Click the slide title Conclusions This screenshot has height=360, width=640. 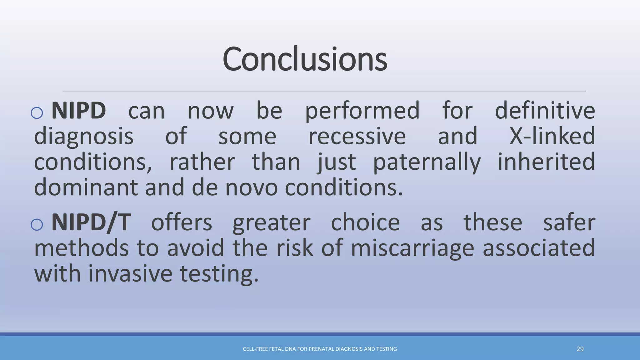coord(305,59)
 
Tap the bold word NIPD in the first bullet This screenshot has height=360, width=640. coord(78,111)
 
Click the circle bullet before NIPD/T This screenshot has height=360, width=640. coord(37,224)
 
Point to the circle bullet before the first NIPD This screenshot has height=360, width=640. coord(37,113)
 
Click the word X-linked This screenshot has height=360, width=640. coord(552,136)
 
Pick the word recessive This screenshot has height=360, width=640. coord(357,136)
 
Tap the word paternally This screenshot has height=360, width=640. coord(427,162)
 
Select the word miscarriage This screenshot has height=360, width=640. coord(412,248)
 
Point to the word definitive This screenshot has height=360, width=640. coord(545,111)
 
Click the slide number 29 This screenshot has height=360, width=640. coord(580,349)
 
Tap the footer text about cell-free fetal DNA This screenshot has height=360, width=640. coord(320,349)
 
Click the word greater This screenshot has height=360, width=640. coord(271,223)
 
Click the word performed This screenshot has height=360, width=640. coord(362,111)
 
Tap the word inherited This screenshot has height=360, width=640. coord(546,162)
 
